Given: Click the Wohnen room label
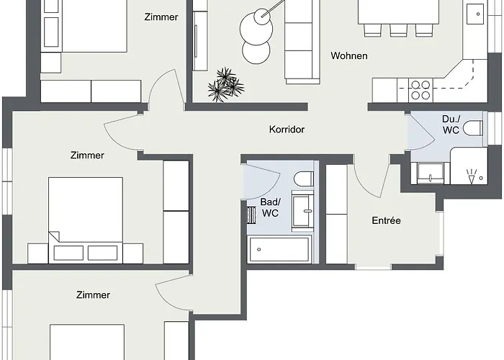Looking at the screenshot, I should pos(349,55).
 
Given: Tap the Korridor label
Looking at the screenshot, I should pos(287,130).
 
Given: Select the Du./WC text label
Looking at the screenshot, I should pos(451,125).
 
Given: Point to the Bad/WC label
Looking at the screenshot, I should pos(270,208).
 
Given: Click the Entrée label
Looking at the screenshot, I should pos(386,220).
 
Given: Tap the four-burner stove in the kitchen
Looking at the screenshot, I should pos(420,90).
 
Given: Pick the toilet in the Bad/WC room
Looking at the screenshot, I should pos(303,178).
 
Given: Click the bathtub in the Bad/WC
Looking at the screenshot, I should pos(279,250).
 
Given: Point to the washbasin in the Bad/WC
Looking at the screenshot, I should pos(302,210).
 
